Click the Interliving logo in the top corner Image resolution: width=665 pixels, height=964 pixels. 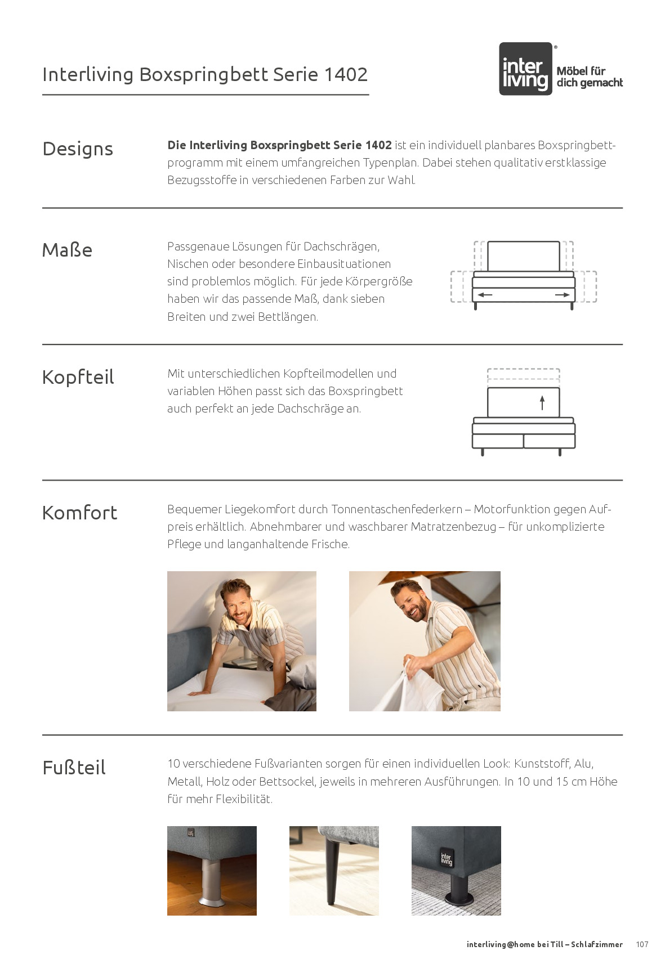click(x=525, y=69)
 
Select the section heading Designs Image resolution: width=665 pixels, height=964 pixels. click(x=78, y=149)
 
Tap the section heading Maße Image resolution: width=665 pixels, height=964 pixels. click(x=67, y=250)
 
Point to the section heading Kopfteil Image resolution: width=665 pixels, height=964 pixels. click(x=78, y=377)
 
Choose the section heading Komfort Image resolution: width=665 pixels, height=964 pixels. click(x=79, y=513)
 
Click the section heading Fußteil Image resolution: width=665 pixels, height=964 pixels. click(x=74, y=768)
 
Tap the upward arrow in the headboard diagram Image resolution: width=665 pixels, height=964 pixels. click(x=542, y=402)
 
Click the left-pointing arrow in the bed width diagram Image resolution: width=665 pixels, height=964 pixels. click(x=484, y=294)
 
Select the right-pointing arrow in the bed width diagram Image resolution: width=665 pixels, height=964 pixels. click(x=563, y=294)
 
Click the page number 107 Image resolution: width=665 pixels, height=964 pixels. click(x=642, y=944)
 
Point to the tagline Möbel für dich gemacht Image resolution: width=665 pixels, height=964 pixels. click(x=589, y=77)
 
